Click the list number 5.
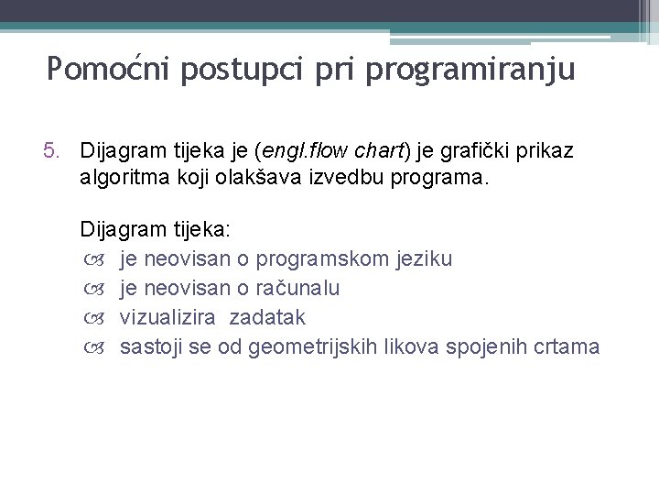(x=52, y=148)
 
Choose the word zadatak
(x=267, y=317)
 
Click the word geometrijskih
(x=331, y=346)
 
